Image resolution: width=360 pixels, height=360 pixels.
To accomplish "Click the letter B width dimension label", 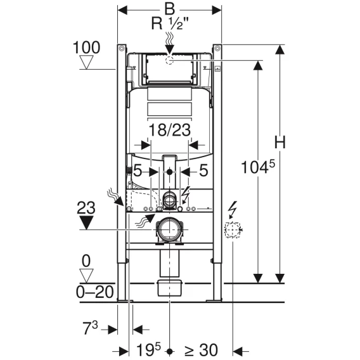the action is coord(169,9).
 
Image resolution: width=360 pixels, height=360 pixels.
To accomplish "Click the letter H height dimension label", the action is coord(280,143).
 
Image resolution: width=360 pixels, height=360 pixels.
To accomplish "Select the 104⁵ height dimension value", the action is coord(258,167).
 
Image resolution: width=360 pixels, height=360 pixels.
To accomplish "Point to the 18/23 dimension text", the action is coord(170,130).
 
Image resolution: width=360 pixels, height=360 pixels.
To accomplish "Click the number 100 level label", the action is coord(86,48).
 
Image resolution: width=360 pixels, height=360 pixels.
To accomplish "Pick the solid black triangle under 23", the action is coord(86,222).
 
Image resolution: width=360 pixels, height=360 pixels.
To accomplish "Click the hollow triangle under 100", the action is coord(86,62).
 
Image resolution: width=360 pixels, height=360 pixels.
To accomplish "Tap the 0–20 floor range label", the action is coord(95,292).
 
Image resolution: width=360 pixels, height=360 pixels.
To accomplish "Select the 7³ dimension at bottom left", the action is coord(90,328).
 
